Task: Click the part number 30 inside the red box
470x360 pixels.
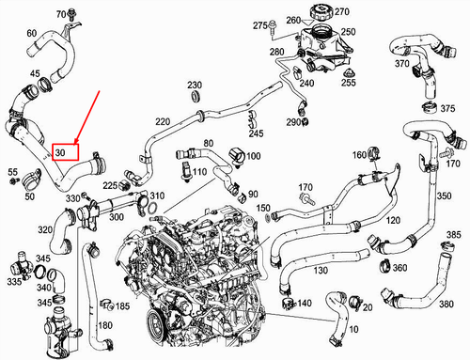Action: tap(60, 150)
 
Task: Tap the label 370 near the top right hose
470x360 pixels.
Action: tap(401, 64)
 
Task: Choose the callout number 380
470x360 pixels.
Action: tap(447, 304)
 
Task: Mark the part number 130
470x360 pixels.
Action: tap(321, 271)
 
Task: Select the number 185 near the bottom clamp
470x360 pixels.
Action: tap(123, 306)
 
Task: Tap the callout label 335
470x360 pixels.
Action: tap(13, 281)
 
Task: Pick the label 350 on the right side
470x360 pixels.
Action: tap(443, 198)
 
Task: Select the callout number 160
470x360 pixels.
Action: tap(359, 154)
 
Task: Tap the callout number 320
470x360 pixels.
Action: tap(45, 228)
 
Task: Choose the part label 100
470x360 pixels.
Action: tap(254, 154)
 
